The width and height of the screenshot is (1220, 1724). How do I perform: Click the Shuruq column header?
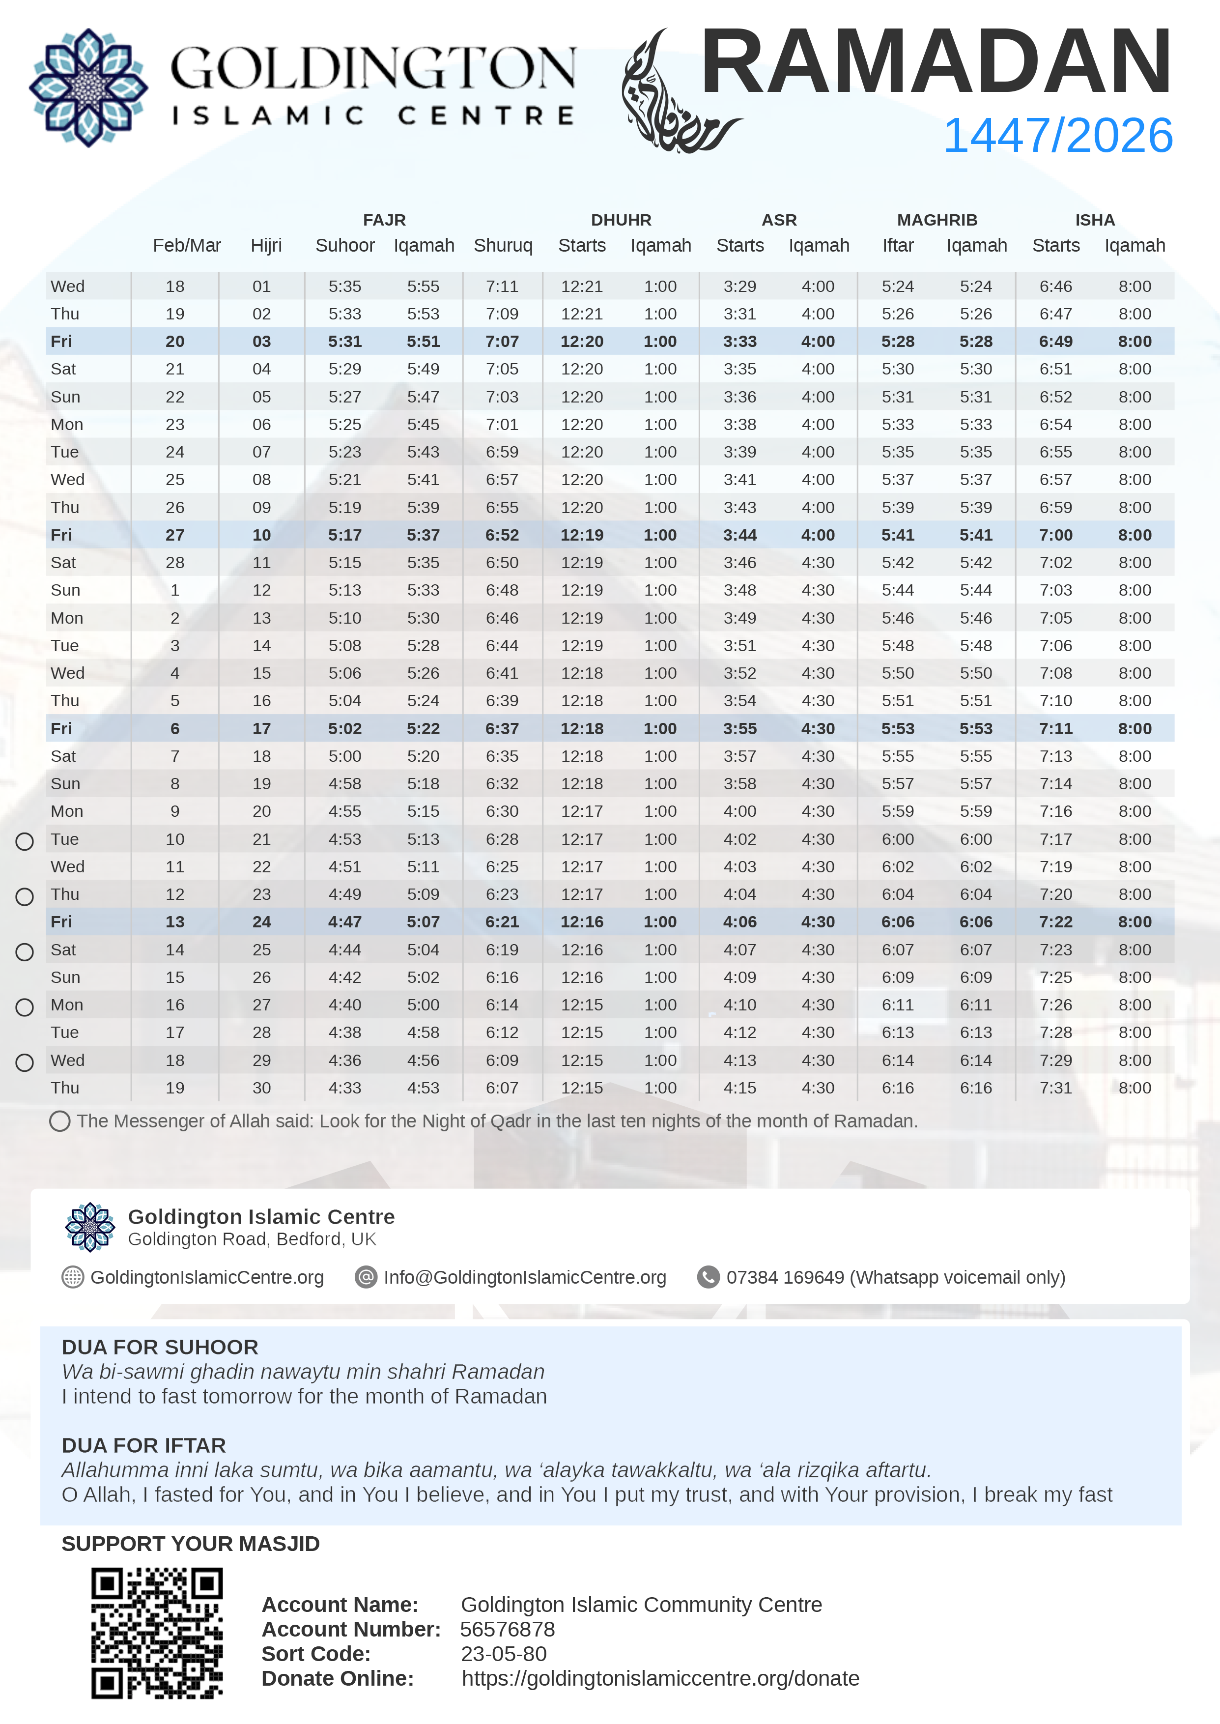point(503,246)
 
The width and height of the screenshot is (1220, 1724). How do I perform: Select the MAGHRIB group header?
point(937,220)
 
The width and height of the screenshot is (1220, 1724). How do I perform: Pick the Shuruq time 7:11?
point(502,286)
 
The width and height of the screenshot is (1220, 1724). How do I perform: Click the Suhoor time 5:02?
point(345,729)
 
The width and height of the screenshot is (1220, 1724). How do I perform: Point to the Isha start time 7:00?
point(1055,535)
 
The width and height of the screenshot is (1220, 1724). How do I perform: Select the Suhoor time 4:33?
point(345,1088)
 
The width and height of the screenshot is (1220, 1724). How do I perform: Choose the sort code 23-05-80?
point(503,1653)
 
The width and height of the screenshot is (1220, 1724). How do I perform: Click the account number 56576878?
point(507,1629)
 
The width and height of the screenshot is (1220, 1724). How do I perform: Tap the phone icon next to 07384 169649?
point(708,1277)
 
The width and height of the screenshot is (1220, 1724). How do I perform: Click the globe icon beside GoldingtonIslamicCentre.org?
point(73,1277)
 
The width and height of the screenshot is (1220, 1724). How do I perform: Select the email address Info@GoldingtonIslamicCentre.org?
point(524,1277)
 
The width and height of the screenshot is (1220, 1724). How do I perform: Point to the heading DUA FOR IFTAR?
point(143,1445)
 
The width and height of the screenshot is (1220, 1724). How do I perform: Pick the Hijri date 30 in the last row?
point(261,1088)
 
